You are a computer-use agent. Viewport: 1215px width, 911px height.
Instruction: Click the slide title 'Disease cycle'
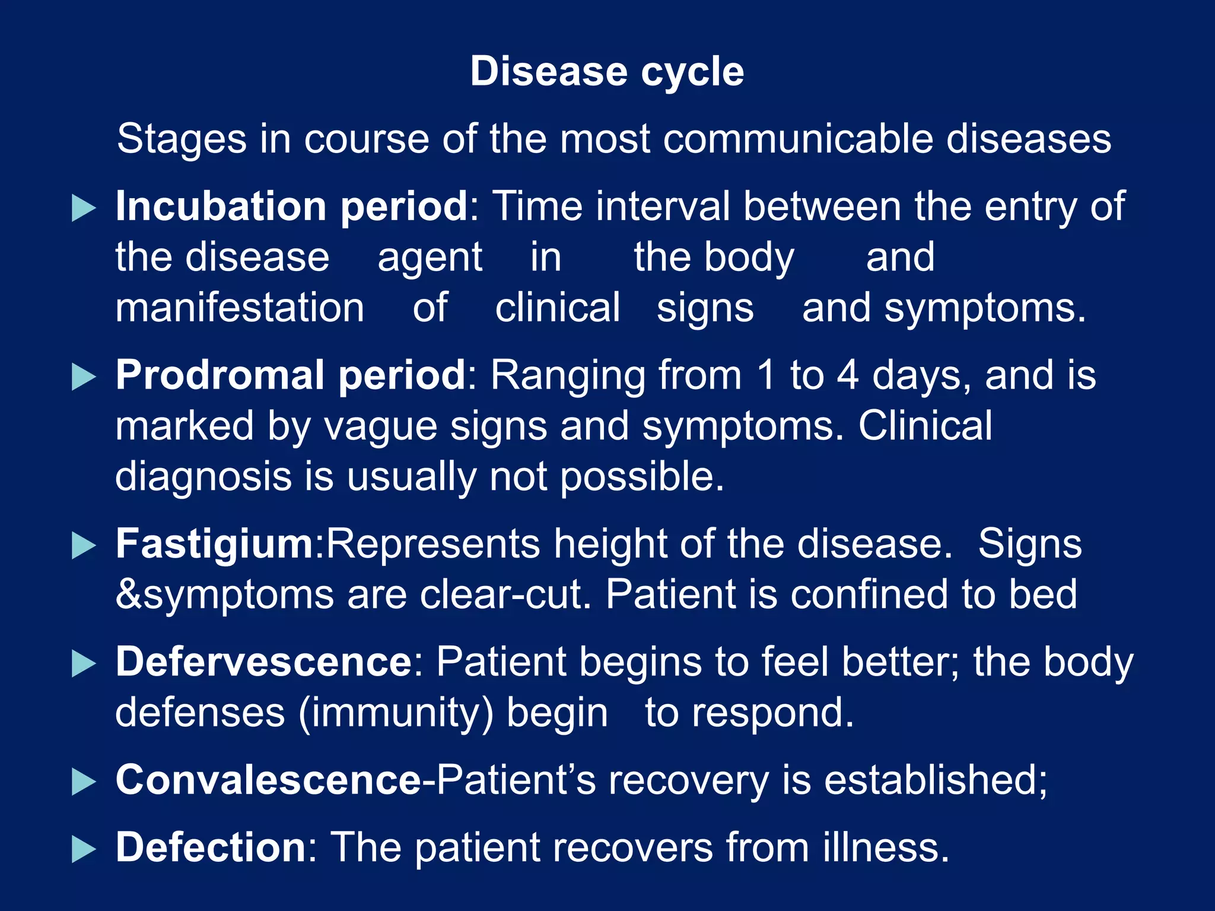[x=607, y=72]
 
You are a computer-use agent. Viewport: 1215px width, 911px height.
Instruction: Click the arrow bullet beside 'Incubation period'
[x=83, y=208]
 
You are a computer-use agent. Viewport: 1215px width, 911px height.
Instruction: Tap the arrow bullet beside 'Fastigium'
[x=83, y=546]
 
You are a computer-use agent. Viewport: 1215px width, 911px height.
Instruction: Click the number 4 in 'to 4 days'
[x=847, y=376]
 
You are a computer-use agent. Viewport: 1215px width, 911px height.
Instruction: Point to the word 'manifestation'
[x=240, y=308]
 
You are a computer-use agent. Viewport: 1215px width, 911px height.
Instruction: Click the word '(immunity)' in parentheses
[x=396, y=713]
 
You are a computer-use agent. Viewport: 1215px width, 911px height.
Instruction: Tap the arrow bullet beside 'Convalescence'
[x=83, y=782]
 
